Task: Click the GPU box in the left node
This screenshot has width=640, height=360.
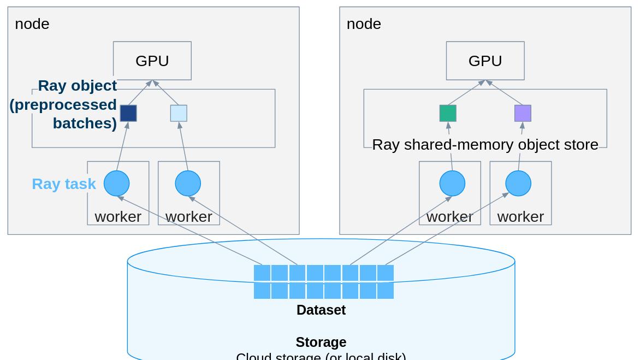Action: point(152,61)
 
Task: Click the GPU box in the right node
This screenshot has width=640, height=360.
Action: point(485,61)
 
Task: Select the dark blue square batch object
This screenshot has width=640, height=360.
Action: point(128,113)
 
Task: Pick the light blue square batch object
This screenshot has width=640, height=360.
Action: point(179,113)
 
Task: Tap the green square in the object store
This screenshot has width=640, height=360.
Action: point(448,113)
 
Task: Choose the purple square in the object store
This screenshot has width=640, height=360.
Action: point(523,113)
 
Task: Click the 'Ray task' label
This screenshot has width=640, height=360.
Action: point(64,184)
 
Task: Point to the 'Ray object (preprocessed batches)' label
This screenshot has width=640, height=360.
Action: point(64,104)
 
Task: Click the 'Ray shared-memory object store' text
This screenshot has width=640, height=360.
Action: point(485,144)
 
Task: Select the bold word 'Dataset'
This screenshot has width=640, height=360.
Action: point(321,310)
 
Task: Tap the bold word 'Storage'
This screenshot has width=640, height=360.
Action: point(321,342)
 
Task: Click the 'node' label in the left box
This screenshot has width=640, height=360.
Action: point(32,24)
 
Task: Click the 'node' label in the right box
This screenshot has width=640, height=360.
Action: point(364,24)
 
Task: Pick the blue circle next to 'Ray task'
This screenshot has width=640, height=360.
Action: point(116,183)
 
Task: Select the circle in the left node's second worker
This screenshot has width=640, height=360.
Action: point(188,183)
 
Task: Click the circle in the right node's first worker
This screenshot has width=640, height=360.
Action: point(452,183)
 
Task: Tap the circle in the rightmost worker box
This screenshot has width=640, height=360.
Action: point(518,183)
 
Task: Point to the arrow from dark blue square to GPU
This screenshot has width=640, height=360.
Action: point(140,92)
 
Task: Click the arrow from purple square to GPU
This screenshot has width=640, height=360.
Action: point(505,92)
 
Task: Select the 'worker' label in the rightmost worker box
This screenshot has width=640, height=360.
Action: point(520,216)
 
